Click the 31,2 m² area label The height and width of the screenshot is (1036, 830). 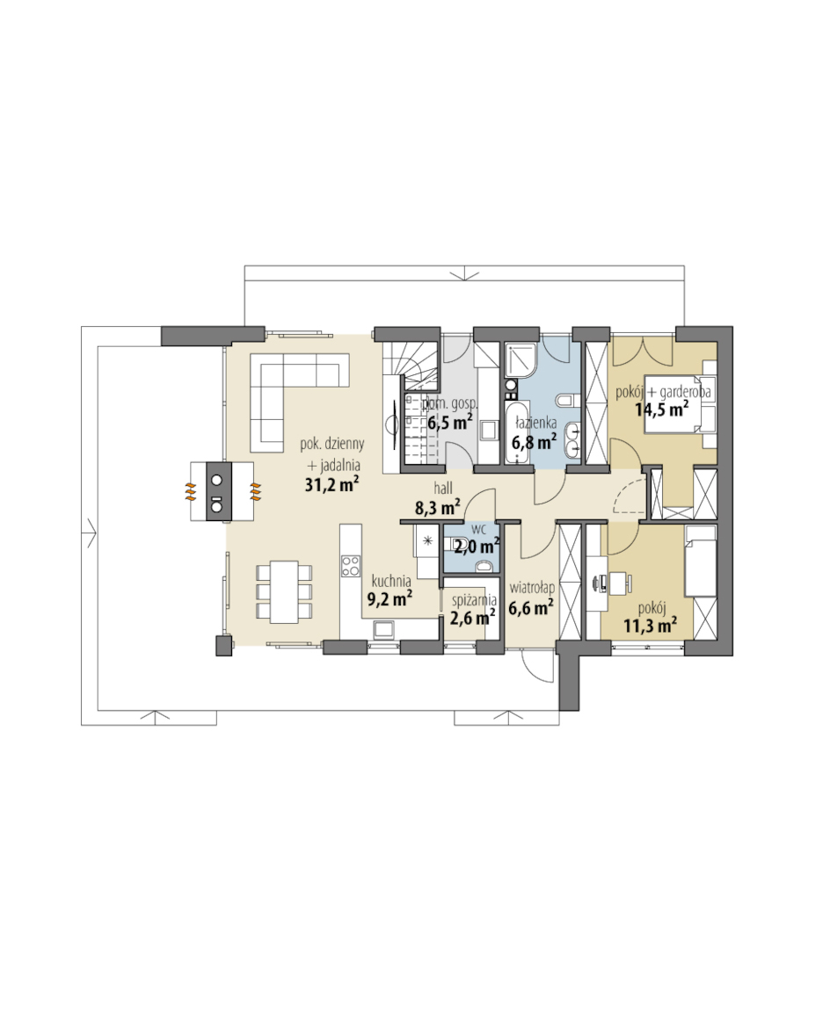(x=332, y=484)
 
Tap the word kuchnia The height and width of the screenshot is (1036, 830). (x=391, y=582)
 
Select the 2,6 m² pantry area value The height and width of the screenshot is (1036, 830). (x=473, y=617)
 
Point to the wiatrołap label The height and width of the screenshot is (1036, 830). (x=532, y=588)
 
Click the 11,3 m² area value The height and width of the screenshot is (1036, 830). (x=650, y=625)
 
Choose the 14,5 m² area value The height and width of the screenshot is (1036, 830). (x=661, y=409)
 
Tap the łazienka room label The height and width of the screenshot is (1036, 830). (x=535, y=423)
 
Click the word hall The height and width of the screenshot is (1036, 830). (x=443, y=489)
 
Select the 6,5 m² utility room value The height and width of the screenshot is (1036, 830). (x=449, y=422)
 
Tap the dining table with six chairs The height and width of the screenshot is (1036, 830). (x=284, y=591)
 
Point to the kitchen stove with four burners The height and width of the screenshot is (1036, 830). (x=351, y=566)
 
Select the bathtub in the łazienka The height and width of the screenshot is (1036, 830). (x=516, y=433)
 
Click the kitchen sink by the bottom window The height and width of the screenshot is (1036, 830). (x=383, y=629)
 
